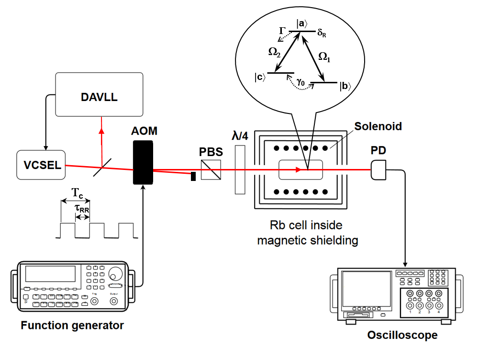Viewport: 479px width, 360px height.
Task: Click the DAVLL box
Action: (x=99, y=94)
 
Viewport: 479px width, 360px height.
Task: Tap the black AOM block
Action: (x=143, y=162)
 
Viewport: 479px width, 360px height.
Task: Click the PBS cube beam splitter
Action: (x=211, y=169)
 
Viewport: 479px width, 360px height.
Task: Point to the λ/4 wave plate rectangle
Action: (x=240, y=170)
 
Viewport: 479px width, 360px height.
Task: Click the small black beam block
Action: (x=193, y=176)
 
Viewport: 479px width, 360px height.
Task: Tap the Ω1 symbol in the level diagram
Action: (x=324, y=56)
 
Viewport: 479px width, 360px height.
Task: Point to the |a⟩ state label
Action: (x=301, y=22)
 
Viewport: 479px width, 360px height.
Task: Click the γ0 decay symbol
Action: (x=301, y=82)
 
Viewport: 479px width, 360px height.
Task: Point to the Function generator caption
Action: (x=72, y=326)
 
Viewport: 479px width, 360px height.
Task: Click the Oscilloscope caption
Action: (x=402, y=335)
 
